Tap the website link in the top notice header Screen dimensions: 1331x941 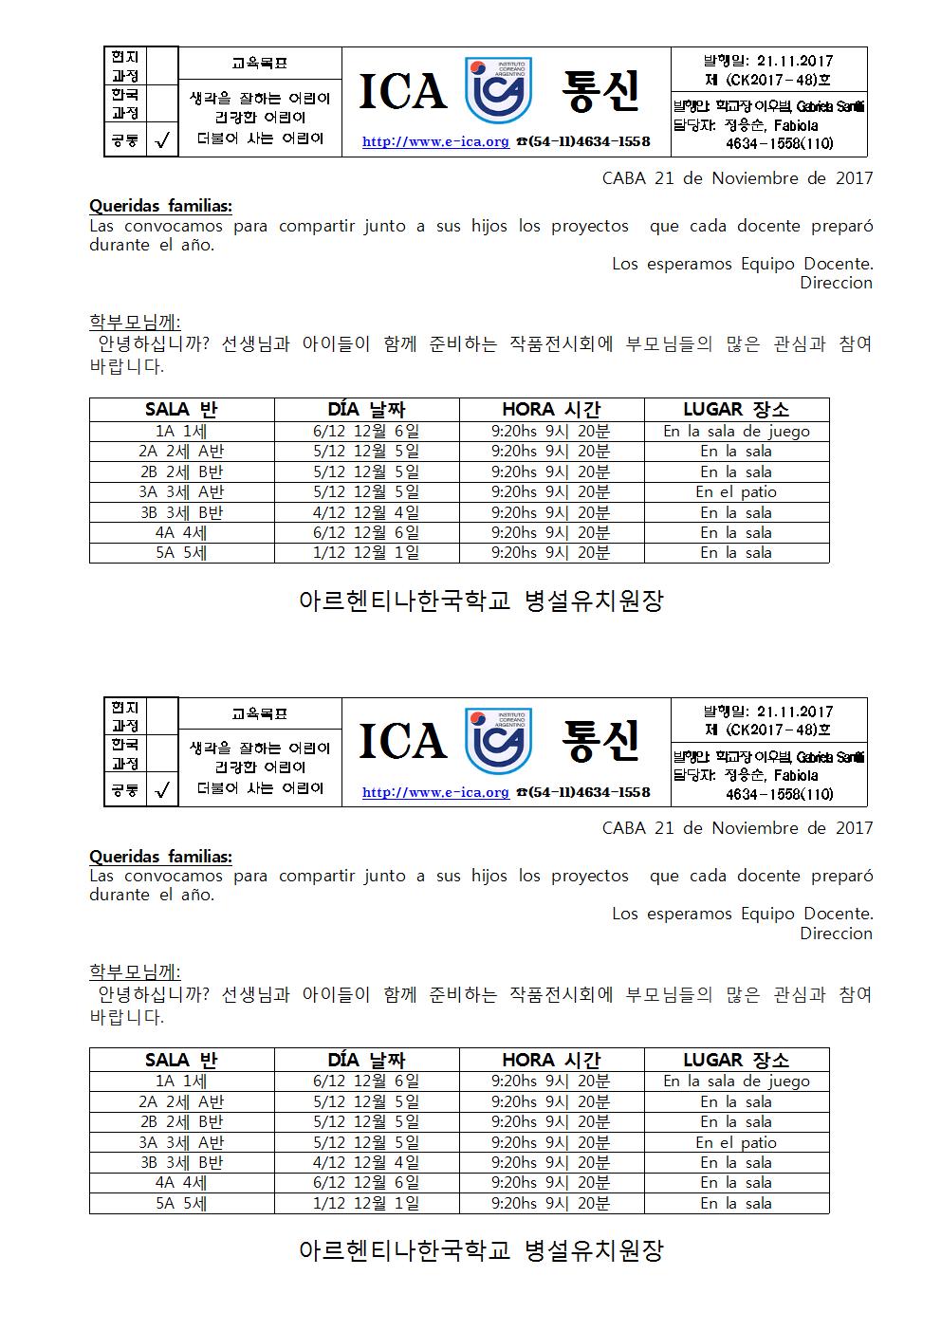tap(435, 141)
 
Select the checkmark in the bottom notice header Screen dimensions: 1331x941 tap(162, 790)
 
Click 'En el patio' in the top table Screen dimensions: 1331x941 tap(736, 492)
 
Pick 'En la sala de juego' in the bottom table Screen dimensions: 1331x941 tap(736, 1081)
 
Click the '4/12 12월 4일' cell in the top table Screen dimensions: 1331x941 tap(366, 512)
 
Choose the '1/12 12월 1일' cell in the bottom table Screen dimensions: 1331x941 tap(366, 1203)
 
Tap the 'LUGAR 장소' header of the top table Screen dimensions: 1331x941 tap(736, 410)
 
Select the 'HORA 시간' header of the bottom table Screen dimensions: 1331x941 tap(551, 1060)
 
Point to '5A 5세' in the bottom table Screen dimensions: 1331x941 tap(181, 1203)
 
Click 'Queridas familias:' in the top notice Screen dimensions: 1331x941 tap(160, 207)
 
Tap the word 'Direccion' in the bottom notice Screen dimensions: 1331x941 tap(836, 934)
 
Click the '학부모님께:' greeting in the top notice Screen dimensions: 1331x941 tap(135, 322)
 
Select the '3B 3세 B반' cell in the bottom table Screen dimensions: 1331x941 tap(181, 1162)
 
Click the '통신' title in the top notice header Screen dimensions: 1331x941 tap(600, 91)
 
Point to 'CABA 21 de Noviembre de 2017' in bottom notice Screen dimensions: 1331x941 tap(737, 828)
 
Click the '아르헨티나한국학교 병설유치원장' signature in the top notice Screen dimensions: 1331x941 tap(481, 601)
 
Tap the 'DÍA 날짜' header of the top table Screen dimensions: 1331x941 tap(366, 410)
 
